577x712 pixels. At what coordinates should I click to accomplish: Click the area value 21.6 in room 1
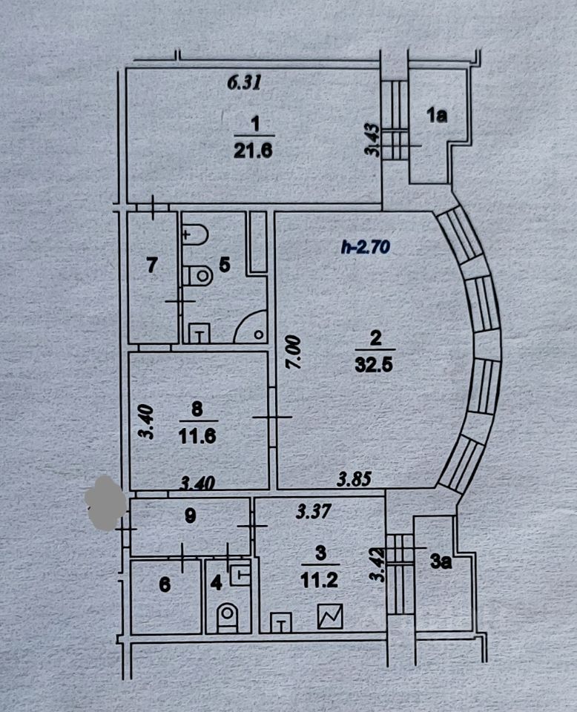point(254,151)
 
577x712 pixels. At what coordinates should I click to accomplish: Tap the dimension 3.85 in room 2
point(353,480)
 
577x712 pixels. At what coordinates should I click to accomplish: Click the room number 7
point(152,266)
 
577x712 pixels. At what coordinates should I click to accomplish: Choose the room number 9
point(190,517)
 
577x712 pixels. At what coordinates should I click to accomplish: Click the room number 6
point(165,586)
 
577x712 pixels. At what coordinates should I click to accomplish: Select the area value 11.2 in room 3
point(321,581)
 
